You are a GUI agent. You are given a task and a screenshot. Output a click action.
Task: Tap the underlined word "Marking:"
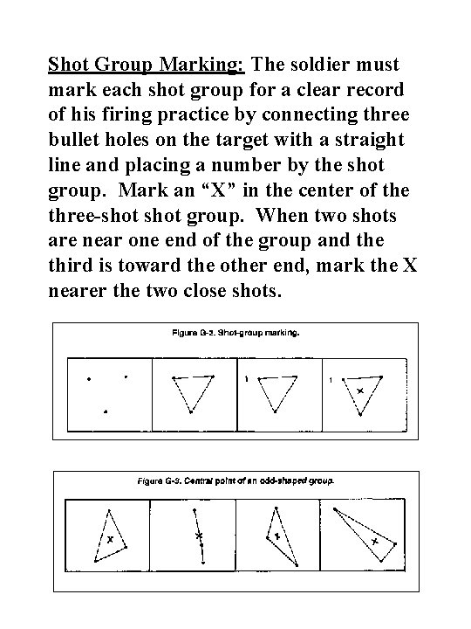[x=211, y=65]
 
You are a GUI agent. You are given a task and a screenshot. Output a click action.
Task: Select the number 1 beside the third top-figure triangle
[x=248, y=379]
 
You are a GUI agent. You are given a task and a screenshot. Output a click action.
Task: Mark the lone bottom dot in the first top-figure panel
[x=106, y=411]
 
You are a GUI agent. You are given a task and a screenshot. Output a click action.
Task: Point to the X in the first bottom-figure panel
[x=110, y=540]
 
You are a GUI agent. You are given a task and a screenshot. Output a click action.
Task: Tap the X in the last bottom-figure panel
[x=374, y=542]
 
